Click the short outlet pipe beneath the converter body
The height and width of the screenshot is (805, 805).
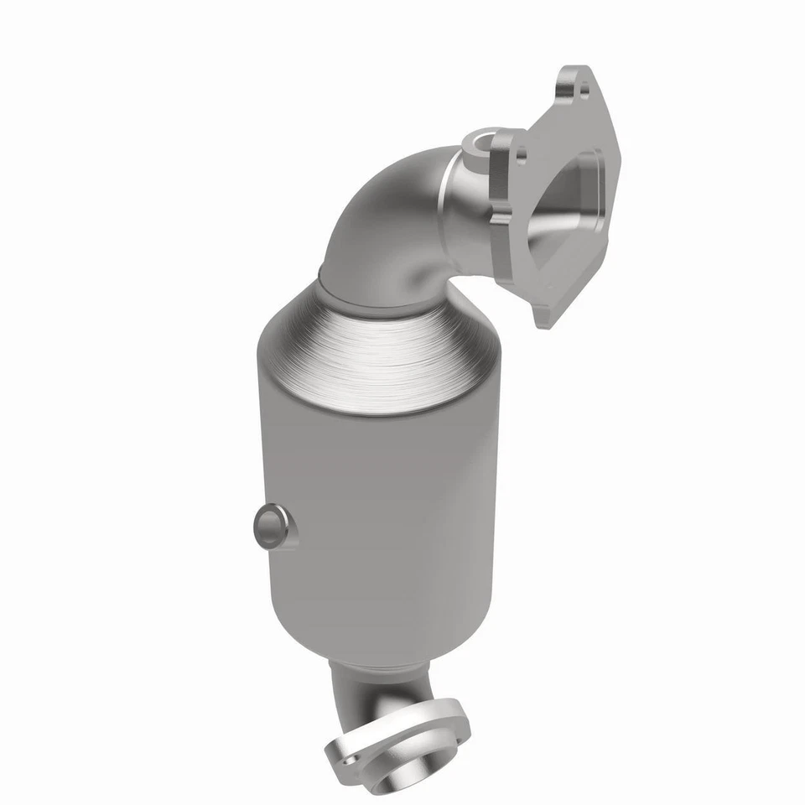coord(369,683)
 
